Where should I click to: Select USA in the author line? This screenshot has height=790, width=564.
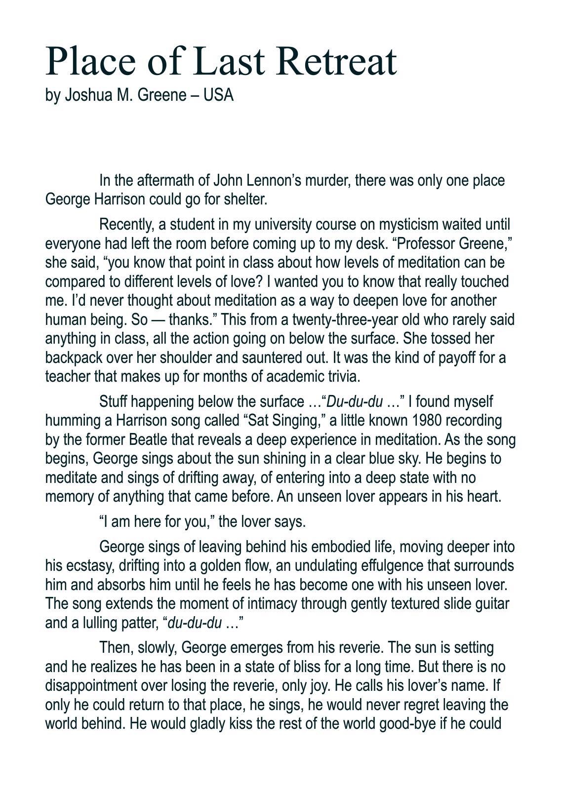(x=218, y=94)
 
